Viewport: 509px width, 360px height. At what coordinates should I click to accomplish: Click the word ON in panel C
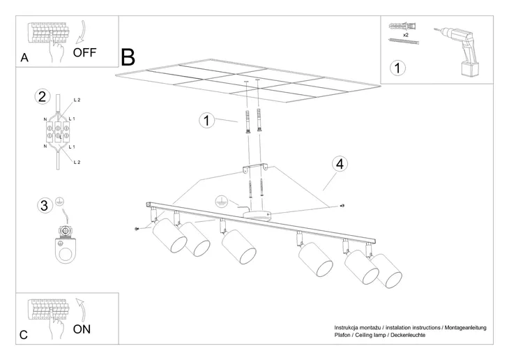[x=82, y=328]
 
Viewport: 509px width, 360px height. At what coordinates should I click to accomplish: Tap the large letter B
[x=128, y=57]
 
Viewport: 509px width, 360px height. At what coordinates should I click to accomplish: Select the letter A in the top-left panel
[x=24, y=59]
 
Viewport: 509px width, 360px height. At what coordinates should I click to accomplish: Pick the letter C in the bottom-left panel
[x=24, y=336]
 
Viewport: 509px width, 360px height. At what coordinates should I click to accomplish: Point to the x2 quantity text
[x=405, y=33]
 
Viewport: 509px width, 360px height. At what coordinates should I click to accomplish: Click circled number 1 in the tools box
[x=397, y=68]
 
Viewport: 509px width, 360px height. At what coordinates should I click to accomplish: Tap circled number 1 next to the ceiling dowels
[x=206, y=120]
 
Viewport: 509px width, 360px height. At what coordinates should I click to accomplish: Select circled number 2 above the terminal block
[x=43, y=97]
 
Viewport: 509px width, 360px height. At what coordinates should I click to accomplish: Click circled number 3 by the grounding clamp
[x=44, y=205]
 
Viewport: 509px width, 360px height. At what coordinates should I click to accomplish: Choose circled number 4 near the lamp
[x=340, y=165]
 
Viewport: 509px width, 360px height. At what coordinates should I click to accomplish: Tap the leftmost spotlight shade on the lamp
[x=168, y=237]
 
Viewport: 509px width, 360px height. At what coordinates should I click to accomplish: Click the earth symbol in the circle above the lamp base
[x=220, y=200]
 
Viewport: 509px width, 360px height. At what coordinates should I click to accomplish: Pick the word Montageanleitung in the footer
[x=461, y=328]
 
